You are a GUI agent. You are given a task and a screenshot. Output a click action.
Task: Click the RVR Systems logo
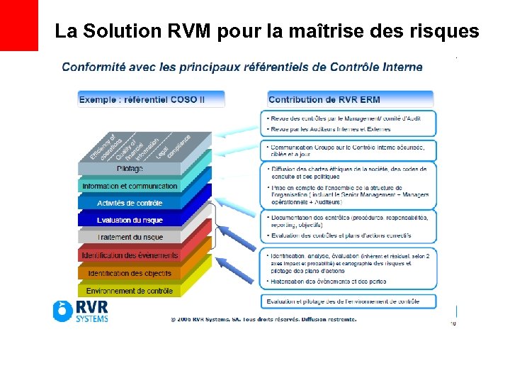click(x=80, y=311)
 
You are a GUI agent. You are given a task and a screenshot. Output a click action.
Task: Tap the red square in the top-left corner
click(x=18, y=25)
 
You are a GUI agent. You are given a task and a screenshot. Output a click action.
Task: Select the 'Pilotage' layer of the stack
click(x=130, y=169)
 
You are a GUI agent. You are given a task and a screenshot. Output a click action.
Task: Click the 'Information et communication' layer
click(x=130, y=186)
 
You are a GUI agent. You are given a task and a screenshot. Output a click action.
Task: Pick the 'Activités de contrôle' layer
click(x=130, y=203)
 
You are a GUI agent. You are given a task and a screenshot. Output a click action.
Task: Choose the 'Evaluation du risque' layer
click(x=130, y=220)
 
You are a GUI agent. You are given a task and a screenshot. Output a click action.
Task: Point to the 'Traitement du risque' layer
click(x=130, y=237)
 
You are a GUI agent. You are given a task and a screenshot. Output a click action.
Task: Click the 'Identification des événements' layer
click(x=130, y=255)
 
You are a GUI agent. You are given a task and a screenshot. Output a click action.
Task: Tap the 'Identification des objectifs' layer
click(x=130, y=272)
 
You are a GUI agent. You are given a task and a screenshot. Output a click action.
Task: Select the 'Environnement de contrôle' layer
click(x=130, y=290)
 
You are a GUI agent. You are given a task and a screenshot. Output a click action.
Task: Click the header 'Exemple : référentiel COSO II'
click(x=150, y=99)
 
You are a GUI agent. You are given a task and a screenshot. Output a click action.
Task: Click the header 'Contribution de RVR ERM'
click(x=351, y=99)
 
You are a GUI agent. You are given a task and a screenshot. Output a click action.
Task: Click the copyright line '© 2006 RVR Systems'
click(x=263, y=319)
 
